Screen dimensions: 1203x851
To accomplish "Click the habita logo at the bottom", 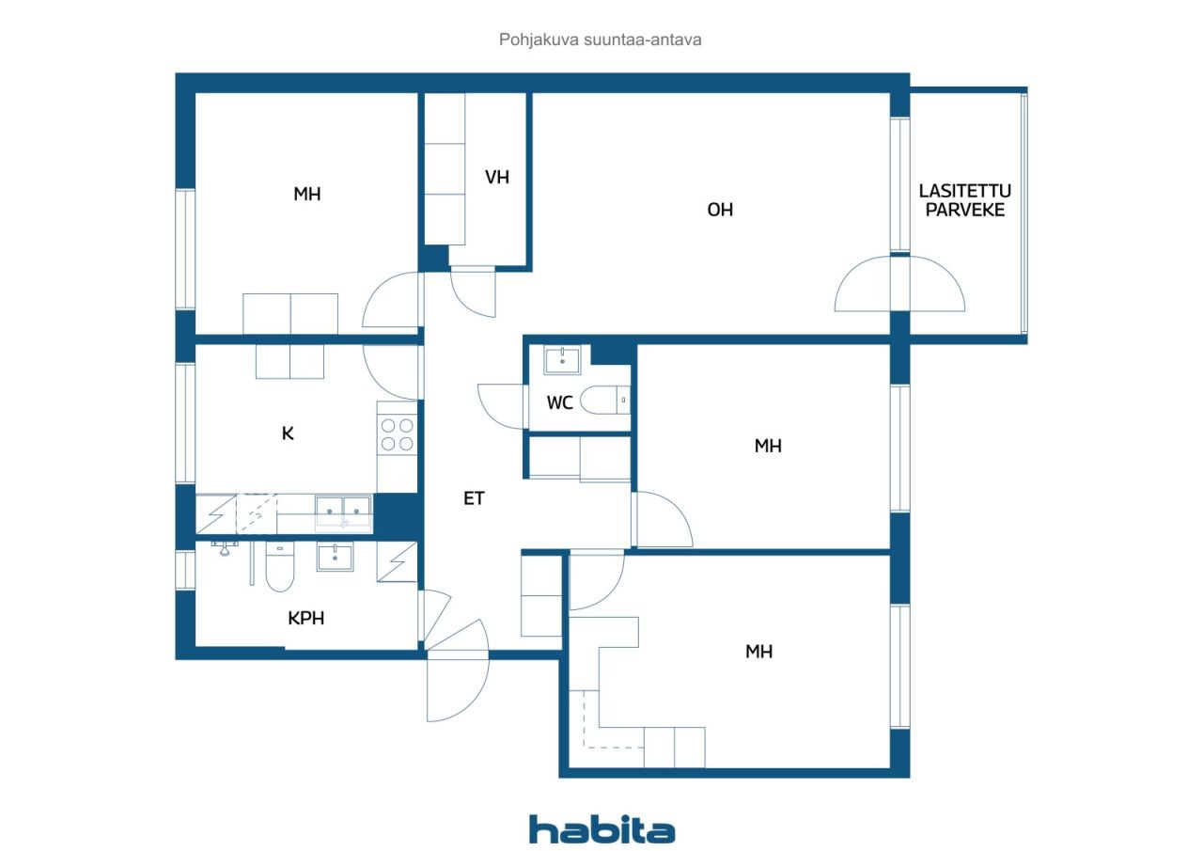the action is point(601,829).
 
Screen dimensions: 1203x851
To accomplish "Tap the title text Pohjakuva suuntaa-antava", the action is point(600,39).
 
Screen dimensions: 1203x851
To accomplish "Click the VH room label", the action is point(497,178).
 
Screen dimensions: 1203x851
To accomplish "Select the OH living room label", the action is point(720,210).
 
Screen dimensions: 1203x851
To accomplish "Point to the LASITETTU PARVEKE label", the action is point(964,200).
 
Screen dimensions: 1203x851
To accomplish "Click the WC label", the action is point(559,402).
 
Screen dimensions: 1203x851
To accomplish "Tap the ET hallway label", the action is point(474,498).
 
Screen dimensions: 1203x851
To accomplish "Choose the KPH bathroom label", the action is point(305,619).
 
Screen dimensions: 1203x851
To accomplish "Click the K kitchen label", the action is point(288,433).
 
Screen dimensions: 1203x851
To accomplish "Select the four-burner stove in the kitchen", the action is point(397,434).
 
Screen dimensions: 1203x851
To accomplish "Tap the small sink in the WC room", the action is point(562,359).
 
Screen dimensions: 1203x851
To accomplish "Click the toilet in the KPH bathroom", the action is point(280,566).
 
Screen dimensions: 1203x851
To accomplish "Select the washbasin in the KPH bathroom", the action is point(335,557).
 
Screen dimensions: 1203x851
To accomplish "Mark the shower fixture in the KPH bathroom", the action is point(225,548).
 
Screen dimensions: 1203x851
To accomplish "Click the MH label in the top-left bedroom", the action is point(306,194).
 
